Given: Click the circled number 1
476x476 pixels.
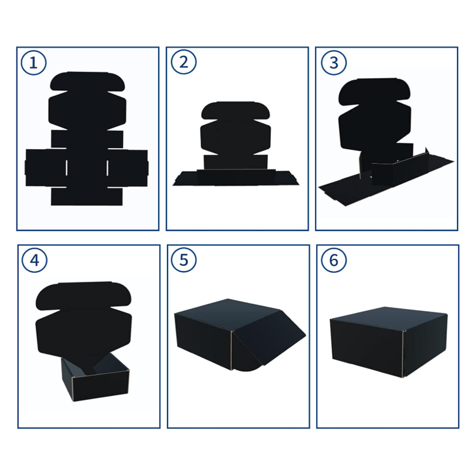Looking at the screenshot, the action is pyautogui.click(x=34, y=63).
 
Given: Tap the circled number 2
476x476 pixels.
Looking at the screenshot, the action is pyautogui.click(x=183, y=62).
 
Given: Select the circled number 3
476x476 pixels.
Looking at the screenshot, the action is pyautogui.click(x=334, y=63).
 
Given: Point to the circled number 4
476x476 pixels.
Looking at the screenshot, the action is pyautogui.click(x=35, y=260).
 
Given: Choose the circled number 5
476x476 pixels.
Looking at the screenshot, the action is pyautogui.click(x=183, y=260).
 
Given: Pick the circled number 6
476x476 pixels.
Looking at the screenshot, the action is pyautogui.click(x=334, y=260).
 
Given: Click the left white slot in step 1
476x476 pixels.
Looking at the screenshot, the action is pyautogui.click(x=67, y=168).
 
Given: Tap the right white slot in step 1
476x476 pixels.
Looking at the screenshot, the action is pyautogui.click(x=107, y=168).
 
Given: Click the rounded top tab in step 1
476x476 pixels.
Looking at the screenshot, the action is pyautogui.click(x=88, y=81).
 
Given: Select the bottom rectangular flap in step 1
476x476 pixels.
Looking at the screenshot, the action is pyautogui.click(x=87, y=197).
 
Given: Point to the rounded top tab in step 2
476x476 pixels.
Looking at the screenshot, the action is pyautogui.click(x=235, y=110).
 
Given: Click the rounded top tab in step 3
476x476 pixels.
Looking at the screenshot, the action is pyautogui.click(x=374, y=91).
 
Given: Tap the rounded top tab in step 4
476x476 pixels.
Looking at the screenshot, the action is pyautogui.click(x=84, y=296).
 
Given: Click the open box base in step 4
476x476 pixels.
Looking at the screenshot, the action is pyautogui.click(x=95, y=377).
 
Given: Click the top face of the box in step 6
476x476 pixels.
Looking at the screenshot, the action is pyautogui.click(x=388, y=319).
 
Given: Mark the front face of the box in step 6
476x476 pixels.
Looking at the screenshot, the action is pyautogui.click(x=367, y=346).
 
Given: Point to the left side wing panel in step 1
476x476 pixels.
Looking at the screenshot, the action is pyautogui.click(x=46, y=168).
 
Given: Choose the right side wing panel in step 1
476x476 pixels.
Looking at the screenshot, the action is pyautogui.click(x=128, y=168).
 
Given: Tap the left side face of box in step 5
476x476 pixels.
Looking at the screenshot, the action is pyautogui.click(x=203, y=341).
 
